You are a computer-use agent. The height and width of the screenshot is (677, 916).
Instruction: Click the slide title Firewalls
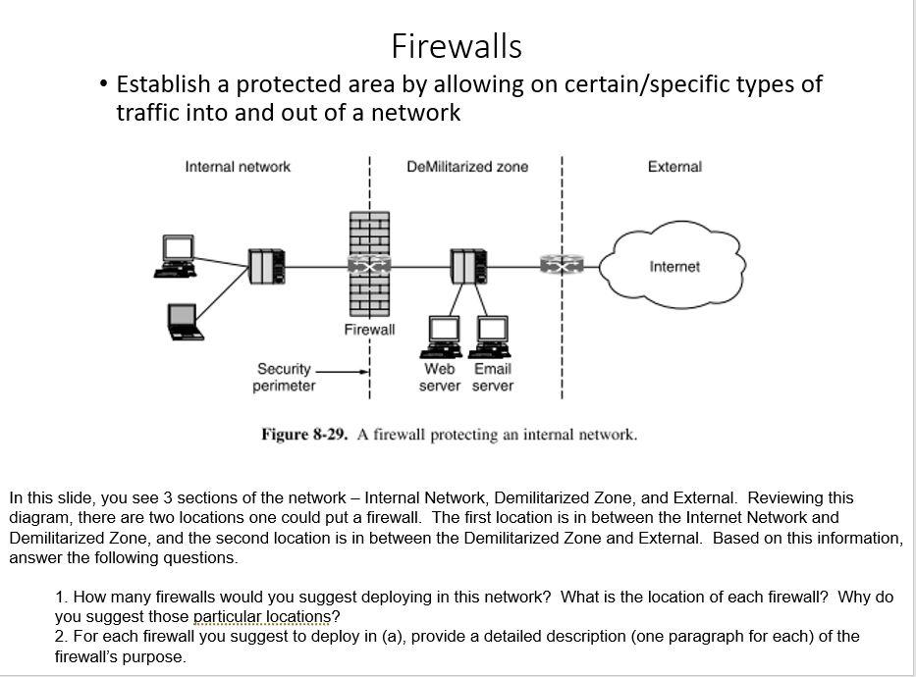pyautogui.click(x=457, y=46)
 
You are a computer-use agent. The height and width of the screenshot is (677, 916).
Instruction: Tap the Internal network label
pyautogui.click(x=238, y=167)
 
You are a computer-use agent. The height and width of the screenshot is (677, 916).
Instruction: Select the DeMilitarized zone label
pyautogui.click(x=467, y=167)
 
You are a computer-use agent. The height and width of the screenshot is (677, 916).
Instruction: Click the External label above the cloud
pyautogui.click(x=674, y=167)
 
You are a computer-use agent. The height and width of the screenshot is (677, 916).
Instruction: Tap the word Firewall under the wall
pyautogui.click(x=369, y=330)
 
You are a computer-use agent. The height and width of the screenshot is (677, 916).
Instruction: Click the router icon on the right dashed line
pyautogui.click(x=561, y=266)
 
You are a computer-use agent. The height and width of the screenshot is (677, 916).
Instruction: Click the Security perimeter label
pyautogui.click(x=284, y=378)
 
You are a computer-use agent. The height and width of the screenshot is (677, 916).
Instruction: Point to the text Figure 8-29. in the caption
pyautogui.click(x=304, y=435)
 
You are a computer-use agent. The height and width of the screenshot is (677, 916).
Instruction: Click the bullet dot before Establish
pyautogui.click(x=104, y=84)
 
